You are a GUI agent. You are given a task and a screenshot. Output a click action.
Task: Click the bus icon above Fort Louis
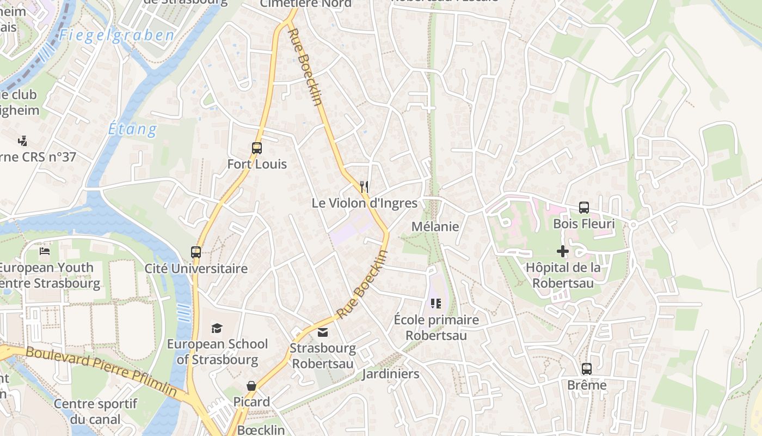[x=256, y=148]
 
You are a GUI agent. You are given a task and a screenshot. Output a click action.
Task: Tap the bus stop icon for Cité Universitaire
[x=196, y=252]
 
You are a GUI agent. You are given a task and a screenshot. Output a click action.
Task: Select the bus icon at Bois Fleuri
[x=584, y=208]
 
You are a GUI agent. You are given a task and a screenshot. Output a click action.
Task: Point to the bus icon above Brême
[x=587, y=369]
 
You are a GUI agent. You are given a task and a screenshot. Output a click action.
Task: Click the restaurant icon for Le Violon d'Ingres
[x=365, y=187]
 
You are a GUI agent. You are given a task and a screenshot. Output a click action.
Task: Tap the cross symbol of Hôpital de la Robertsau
[x=563, y=251]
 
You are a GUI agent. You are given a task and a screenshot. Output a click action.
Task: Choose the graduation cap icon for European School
[x=217, y=328]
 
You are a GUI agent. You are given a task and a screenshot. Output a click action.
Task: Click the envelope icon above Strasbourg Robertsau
[x=323, y=332]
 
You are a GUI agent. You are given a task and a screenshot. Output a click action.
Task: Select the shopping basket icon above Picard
[x=251, y=386]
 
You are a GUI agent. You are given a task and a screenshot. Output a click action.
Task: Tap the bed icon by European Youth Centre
[x=45, y=251]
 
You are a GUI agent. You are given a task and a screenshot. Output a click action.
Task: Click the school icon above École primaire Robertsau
[x=435, y=304]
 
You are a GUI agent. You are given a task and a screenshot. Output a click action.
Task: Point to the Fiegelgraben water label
[x=117, y=36]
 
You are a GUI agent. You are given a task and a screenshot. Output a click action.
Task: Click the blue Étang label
[x=132, y=130]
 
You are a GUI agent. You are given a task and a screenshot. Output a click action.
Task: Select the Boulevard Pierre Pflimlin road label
[x=101, y=371]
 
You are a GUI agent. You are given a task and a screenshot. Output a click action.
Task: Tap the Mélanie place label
[x=435, y=227]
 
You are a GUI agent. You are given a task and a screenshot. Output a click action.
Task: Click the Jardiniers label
[x=391, y=374]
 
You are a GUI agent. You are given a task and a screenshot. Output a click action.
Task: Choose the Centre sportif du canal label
[x=95, y=411]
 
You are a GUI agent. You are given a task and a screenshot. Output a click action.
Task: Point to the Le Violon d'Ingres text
[x=364, y=203]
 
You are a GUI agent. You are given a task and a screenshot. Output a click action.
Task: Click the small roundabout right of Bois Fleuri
[x=633, y=225]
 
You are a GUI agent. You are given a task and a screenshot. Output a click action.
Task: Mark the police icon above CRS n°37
[x=22, y=141]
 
